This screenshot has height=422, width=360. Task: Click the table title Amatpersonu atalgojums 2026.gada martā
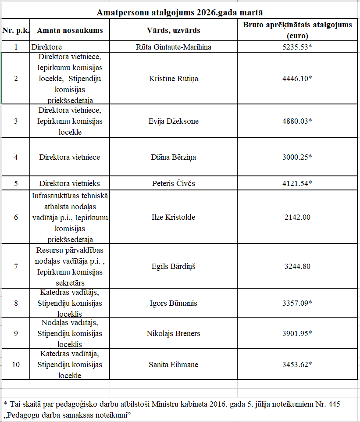pyautogui.click(x=180, y=12)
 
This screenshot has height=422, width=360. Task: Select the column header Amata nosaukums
pyautogui.click(x=70, y=30)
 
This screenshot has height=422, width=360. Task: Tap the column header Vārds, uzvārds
pyautogui.click(x=173, y=30)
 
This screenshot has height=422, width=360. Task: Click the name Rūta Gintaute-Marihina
pyautogui.click(x=173, y=46)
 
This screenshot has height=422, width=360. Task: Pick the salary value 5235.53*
pyautogui.click(x=297, y=46)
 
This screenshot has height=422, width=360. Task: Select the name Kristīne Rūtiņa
pyautogui.click(x=173, y=79)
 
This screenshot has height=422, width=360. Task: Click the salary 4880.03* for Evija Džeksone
pyautogui.click(x=297, y=121)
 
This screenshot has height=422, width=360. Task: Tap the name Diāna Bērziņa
pyautogui.click(x=173, y=157)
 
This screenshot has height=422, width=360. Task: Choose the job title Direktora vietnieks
pyautogui.click(x=70, y=183)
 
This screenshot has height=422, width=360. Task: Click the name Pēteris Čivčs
pyautogui.click(x=173, y=183)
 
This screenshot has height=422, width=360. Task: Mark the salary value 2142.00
pyautogui.click(x=297, y=217)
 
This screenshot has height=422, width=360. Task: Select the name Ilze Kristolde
pyautogui.click(x=173, y=217)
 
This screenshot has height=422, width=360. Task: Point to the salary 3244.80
pyautogui.click(x=297, y=266)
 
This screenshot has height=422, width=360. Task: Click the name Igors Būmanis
pyautogui.click(x=173, y=303)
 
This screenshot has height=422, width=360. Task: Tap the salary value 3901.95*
pyautogui.click(x=297, y=333)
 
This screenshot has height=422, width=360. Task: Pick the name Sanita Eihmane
pyautogui.click(x=173, y=365)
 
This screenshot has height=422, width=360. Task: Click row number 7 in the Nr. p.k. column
pyautogui.click(x=16, y=266)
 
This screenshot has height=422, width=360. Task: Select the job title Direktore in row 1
pyautogui.click(x=46, y=46)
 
